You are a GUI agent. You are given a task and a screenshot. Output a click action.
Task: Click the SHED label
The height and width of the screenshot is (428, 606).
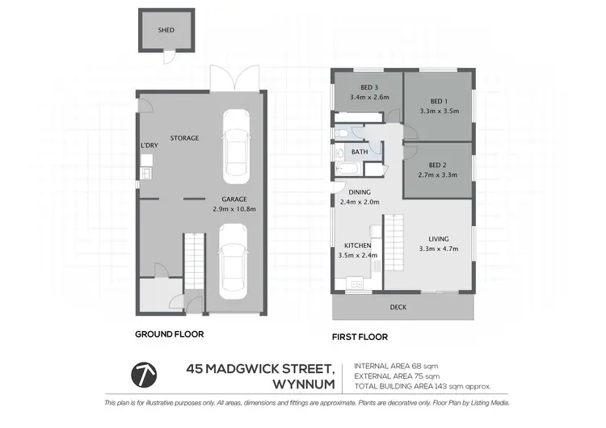pyautogui.click(x=165, y=31)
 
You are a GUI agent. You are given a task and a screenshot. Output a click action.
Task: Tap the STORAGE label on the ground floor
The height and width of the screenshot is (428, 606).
pyautogui.click(x=184, y=138)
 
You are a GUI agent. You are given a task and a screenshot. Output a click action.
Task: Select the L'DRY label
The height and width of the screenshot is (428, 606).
pyautogui.click(x=149, y=145)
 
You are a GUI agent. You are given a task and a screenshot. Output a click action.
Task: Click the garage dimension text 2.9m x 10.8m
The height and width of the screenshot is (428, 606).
pyautogui.click(x=234, y=208)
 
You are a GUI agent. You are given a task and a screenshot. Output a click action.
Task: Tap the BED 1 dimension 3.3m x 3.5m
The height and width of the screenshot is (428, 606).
pyautogui.click(x=439, y=111)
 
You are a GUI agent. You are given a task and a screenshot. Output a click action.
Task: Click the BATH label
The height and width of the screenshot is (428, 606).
pyautogui.click(x=360, y=151)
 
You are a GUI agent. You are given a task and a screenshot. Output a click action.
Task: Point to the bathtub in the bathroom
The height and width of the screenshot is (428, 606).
pyautogui.click(x=350, y=170)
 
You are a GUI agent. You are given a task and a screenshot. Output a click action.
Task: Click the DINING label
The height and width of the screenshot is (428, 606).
pyautogui.click(x=360, y=192)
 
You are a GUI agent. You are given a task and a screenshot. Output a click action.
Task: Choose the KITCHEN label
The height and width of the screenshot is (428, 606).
pyautogui.click(x=358, y=245)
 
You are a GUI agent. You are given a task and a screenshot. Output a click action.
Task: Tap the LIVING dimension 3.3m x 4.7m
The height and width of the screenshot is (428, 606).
pyautogui.click(x=438, y=249)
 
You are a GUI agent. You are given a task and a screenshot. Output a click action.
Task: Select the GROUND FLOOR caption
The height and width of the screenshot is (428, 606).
pyautogui.click(x=169, y=333)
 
